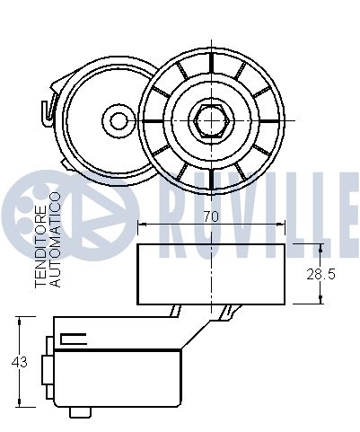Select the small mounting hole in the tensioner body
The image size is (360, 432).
pos(114,119)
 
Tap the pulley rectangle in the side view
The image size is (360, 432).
pos(211,273)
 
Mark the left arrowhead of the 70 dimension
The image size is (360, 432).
pos(141,225)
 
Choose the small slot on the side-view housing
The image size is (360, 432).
pos(73,339)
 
